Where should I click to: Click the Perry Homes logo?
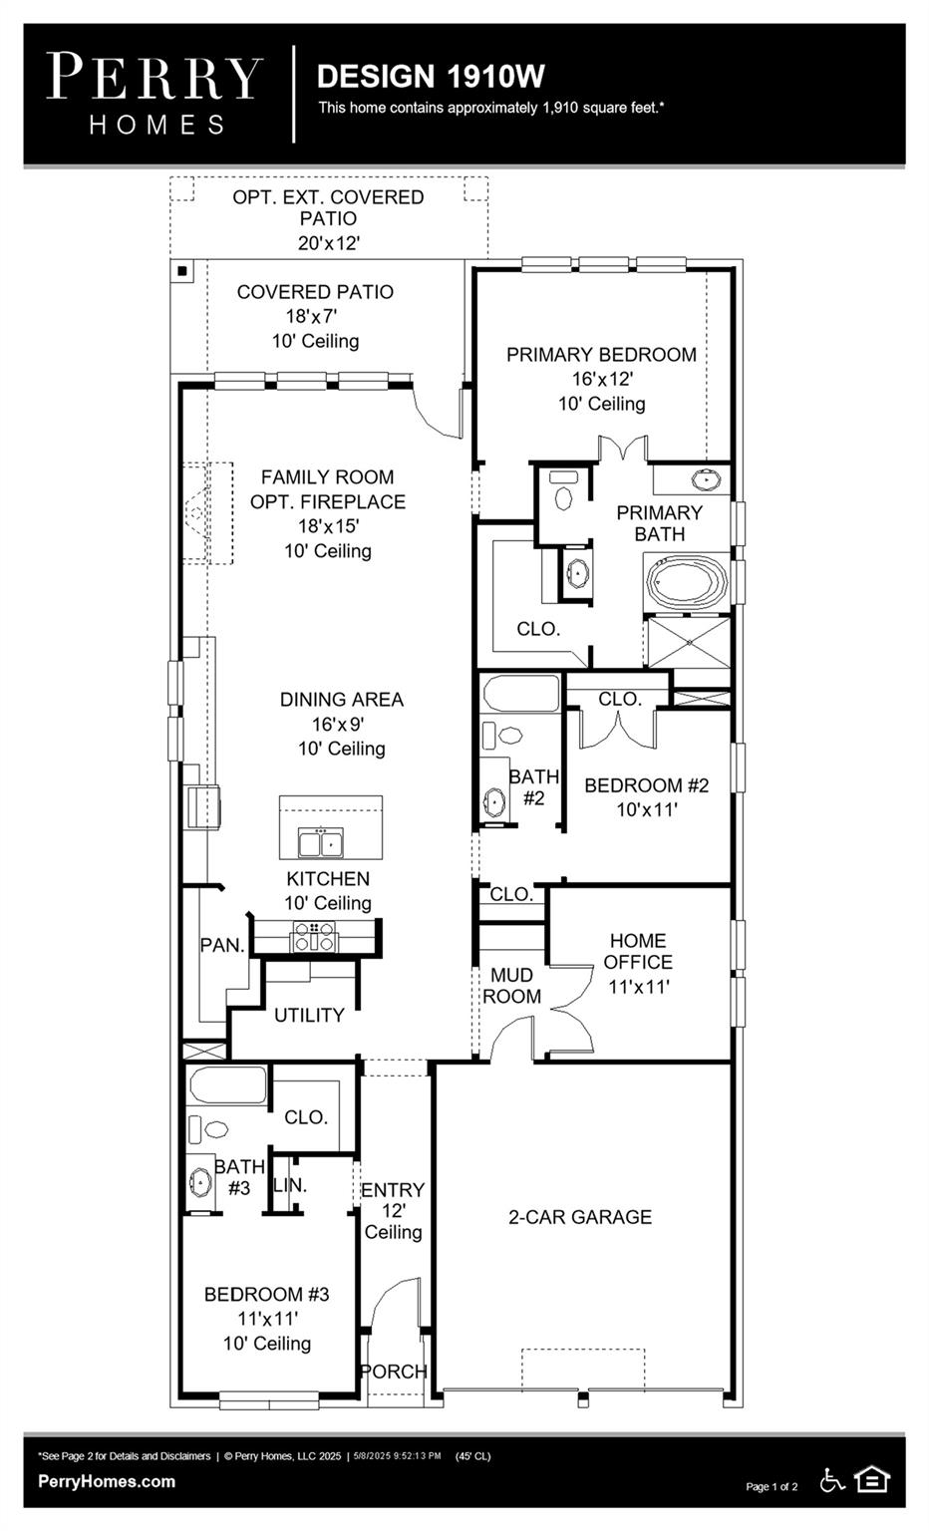pos(155,93)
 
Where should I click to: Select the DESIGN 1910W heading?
pos(431,77)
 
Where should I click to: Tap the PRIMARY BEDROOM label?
pos(601,355)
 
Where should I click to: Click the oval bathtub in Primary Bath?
pos(687,583)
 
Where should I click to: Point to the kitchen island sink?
pos(321,843)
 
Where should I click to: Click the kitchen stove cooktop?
pos(313,936)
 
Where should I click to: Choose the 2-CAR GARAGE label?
pos(580,1217)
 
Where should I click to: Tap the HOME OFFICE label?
pos(638,951)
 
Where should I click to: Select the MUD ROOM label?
pos(511,986)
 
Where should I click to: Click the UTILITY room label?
pos(309,1015)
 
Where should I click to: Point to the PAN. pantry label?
pos(222,945)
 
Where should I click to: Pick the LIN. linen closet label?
pos(290,1185)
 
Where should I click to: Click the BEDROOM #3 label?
pos(266,1295)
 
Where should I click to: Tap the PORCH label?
pos(394,1372)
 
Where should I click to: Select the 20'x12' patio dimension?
pos(328,243)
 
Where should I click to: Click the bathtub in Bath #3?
pos(227,1085)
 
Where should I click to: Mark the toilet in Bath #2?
pos(510,736)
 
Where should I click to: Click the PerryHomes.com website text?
pos(107,1481)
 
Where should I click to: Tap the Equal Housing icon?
pos(872,1479)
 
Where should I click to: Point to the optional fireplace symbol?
pos(197,513)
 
